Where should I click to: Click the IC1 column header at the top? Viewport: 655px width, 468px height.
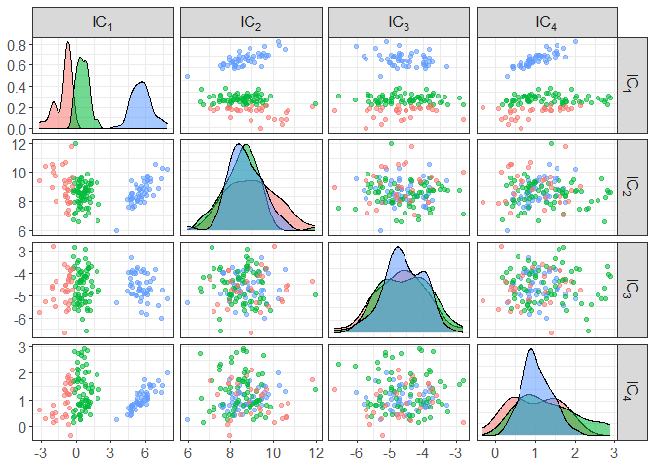tap(102, 20)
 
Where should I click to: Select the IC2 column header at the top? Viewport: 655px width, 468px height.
tap(251, 20)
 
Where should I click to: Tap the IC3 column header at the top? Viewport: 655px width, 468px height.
tap(400, 20)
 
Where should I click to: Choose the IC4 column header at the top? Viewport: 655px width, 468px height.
tap(548, 20)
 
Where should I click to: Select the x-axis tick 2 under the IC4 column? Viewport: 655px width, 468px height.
tap(575, 453)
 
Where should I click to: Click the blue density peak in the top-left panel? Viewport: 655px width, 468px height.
tap(142, 82)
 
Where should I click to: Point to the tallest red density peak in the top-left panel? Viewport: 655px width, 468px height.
tap(67, 43)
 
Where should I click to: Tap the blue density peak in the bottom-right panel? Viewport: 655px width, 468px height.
tap(531, 351)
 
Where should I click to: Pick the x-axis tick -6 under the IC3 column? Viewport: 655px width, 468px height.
tap(356, 453)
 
